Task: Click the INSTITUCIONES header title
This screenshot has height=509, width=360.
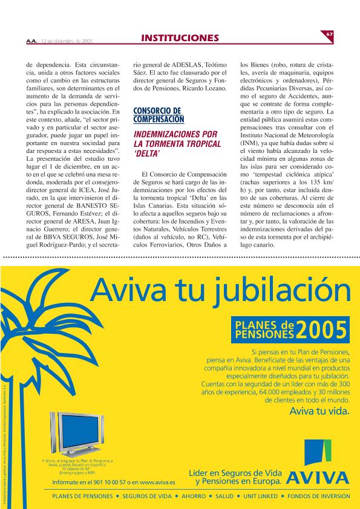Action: pos(180,38)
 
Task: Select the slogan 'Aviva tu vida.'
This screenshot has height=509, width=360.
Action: pos(319,412)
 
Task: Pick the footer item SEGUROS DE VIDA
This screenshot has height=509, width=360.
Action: pos(145,497)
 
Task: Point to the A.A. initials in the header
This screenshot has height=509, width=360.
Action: pos(31,41)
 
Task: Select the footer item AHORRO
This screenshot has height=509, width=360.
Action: pos(194,497)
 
